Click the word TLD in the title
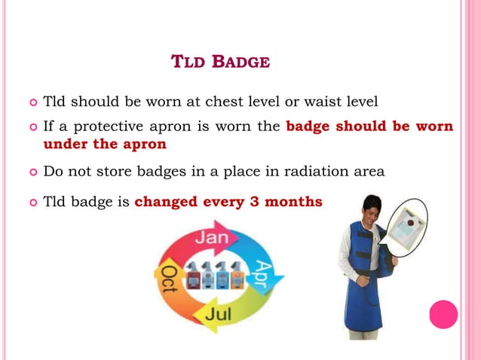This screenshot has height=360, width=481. point(185,61)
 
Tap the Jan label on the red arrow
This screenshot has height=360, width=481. point(213,239)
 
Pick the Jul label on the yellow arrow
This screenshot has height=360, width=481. point(216,310)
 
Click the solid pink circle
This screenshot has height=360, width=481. point(443,314)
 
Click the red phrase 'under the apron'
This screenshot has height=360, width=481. point(105,143)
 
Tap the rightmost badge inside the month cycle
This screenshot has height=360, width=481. point(237,276)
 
